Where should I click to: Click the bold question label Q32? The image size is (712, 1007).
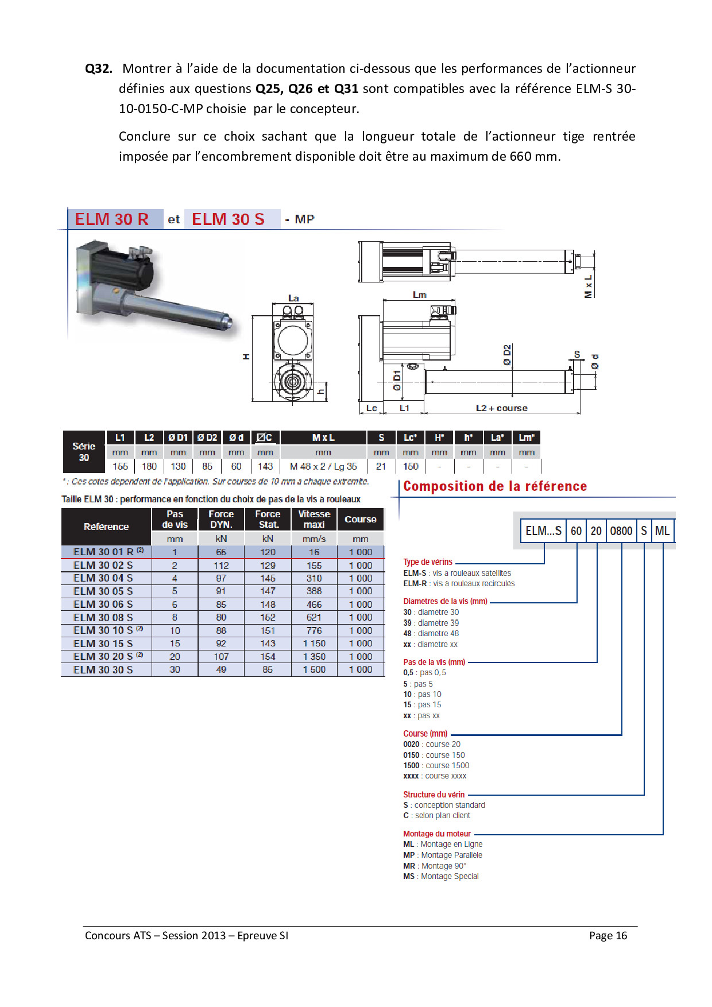[x=98, y=69]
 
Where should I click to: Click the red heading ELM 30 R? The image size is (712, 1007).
[x=112, y=219]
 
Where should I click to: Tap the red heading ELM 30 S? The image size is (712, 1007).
[x=228, y=219]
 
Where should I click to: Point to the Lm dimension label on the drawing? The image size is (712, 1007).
[x=420, y=295]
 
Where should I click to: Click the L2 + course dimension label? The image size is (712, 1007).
[x=501, y=408]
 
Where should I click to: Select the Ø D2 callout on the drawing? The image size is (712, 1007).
[x=507, y=355]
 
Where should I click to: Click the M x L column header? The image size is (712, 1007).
[x=323, y=437]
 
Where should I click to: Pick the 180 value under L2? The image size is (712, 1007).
[x=149, y=466]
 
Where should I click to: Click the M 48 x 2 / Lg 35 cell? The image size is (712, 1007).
[x=323, y=466]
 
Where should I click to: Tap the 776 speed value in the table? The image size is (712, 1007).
[x=314, y=630]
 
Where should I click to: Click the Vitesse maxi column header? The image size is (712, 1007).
[x=314, y=519]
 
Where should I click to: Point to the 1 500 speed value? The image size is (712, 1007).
[x=314, y=669]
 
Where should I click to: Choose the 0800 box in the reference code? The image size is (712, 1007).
[x=621, y=531]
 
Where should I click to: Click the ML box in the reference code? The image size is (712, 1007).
[x=662, y=531]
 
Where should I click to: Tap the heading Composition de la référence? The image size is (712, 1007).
[x=495, y=486]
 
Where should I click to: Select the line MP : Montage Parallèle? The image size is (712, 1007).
[x=443, y=855]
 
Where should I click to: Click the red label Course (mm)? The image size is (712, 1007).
[x=425, y=734]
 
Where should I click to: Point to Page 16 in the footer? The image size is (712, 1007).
[x=608, y=935]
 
